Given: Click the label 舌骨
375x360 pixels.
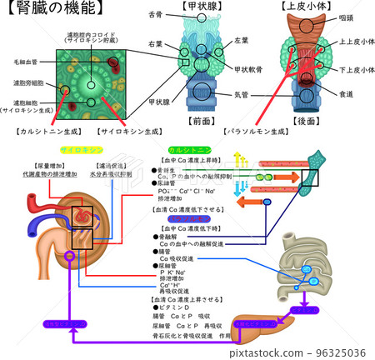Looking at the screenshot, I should (156, 14).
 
